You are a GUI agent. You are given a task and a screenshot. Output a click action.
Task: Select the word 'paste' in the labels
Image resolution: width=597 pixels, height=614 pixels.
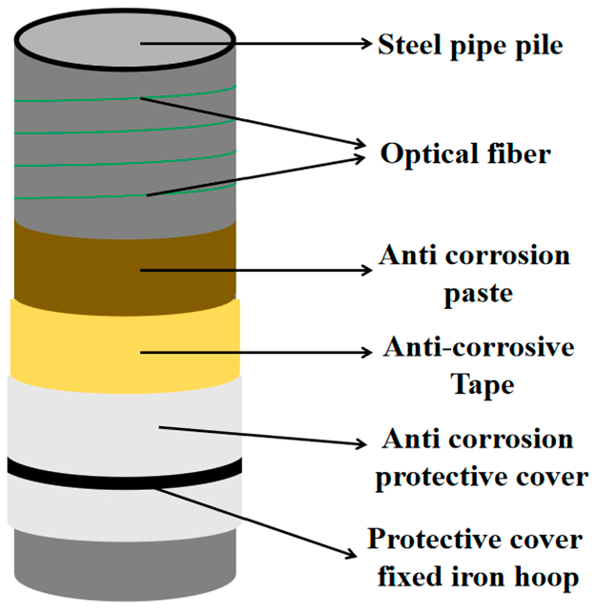[x=477, y=292]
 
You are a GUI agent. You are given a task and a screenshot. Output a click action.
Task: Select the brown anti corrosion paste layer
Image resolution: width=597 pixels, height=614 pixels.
[x=76, y=262]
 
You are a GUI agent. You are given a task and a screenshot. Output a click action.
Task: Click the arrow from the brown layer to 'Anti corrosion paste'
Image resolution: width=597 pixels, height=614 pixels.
[x=257, y=271]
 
